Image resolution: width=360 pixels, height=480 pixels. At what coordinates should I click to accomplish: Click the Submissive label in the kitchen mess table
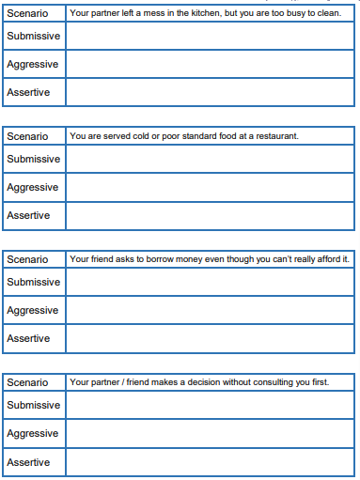click(33, 36)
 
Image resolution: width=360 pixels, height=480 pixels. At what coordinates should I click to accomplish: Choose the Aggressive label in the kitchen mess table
click(32, 64)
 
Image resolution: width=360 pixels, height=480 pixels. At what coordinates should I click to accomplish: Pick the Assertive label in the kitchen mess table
click(28, 92)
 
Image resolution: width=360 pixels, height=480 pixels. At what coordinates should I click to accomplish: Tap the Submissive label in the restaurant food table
click(33, 159)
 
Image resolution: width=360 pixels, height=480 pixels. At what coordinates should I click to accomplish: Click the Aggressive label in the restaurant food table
click(32, 187)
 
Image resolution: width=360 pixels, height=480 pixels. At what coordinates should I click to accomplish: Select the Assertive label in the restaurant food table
click(28, 215)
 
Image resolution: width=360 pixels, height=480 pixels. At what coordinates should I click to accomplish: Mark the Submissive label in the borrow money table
click(33, 282)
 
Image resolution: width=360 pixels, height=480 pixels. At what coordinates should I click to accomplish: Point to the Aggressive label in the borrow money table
click(32, 310)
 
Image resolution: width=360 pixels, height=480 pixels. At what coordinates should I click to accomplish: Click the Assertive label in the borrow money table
click(28, 338)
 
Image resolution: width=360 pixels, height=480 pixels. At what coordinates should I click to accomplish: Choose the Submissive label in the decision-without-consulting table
click(33, 405)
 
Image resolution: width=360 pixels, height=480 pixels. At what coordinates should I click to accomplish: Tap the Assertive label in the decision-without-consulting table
click(28, 462)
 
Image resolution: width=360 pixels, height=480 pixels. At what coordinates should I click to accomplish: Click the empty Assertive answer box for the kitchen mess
click(211, 92)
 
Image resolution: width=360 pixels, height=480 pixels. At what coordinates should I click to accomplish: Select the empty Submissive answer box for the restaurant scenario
click(211, 159)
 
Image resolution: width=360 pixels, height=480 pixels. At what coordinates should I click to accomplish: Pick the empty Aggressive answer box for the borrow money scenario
click(211, 310)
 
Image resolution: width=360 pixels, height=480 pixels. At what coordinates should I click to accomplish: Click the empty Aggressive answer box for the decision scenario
click(211, 433)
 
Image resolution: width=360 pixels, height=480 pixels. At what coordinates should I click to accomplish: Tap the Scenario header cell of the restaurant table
click(27, 136)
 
